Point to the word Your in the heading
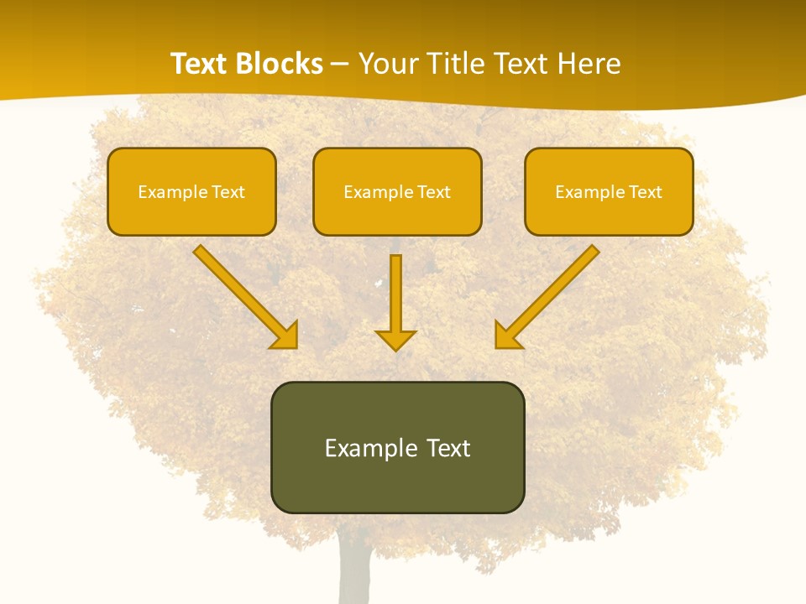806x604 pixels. point(388,64)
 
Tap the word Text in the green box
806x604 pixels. point(447,448)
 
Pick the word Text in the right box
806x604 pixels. point(646,192)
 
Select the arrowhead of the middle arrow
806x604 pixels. point(395,340)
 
